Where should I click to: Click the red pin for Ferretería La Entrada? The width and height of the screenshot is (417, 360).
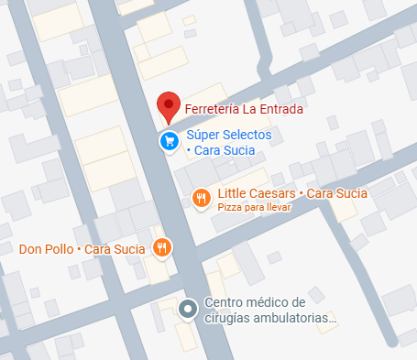(x=166, y=106)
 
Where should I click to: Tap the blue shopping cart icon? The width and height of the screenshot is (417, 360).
(x=169, y=141)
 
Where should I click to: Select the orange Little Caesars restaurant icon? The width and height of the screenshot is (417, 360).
(x=201, y=198)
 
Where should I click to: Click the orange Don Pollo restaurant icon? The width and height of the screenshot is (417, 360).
(x=162, y=246)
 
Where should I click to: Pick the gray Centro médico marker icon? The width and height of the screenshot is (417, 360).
(x=188, y=310)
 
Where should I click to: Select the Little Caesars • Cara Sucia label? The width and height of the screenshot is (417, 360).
(x=292, y=193)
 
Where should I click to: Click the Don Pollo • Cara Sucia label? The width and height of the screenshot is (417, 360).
(x=82, y=248)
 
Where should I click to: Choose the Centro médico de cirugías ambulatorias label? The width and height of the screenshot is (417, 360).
(x=269, y=311)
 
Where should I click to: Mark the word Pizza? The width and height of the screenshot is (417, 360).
(x=229, y=208)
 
